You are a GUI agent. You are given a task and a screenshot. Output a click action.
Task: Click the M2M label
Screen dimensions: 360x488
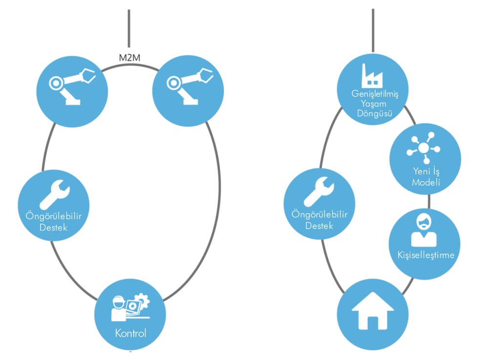[x=129, y=58]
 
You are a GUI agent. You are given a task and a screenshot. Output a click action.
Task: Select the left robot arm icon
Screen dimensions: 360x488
[x=73, y=86]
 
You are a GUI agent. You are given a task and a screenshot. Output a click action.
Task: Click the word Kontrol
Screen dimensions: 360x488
[x=131, y=334]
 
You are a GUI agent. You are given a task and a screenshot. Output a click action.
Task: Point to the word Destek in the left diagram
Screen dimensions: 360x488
[x=54, y=227]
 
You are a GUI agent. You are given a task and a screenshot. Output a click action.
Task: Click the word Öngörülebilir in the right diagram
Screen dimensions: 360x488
[x=320, y=214]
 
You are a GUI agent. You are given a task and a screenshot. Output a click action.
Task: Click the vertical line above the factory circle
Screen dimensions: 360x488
[x=373, y=29]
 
